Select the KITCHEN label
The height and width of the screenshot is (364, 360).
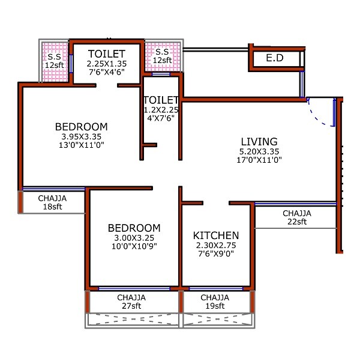pos(216,235)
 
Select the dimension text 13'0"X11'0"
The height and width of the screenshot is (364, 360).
pos(82,145)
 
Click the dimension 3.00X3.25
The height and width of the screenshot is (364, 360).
pos(134,238)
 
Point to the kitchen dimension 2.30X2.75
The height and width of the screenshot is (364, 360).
pos(216,246)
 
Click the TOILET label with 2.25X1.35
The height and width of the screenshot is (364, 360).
pos(107,53)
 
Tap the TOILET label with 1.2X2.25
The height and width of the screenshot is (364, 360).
pos(161,100)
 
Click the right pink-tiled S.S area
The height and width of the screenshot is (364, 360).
pos(161,56)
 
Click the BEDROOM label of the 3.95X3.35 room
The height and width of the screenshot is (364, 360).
pos(82,127)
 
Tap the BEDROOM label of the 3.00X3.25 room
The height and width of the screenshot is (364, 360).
pos(134,228)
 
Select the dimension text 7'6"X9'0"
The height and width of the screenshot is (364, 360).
pos(216,254)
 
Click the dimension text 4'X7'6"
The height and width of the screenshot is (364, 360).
pos(161,118)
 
